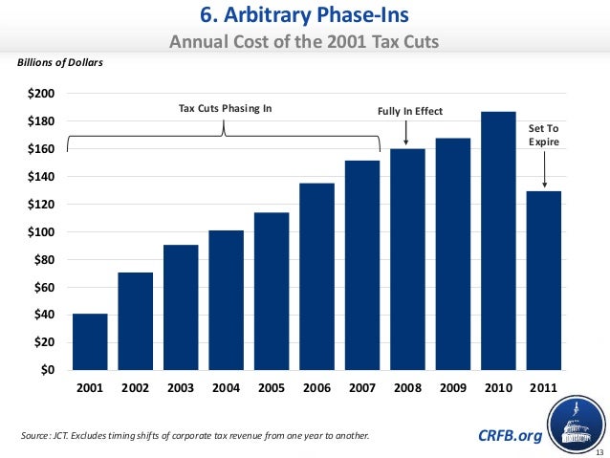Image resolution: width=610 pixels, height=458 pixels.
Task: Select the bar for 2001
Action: point(90,341)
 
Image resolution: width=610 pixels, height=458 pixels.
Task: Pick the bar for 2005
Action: point(272,291)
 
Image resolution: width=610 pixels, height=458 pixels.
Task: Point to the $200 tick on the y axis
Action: point(41,94)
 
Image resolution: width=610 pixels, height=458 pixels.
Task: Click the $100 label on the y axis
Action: point(41,232)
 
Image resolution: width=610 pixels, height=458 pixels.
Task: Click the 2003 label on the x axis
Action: point(181,389)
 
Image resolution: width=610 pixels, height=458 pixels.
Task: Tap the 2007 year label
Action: point(362,389)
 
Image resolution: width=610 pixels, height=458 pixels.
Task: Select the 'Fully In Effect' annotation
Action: point(411,111)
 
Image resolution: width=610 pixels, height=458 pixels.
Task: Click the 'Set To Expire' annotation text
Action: point(543,134)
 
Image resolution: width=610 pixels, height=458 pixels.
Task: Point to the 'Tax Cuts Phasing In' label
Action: point(226,108)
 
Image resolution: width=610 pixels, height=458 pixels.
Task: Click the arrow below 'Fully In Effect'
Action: point(407,133)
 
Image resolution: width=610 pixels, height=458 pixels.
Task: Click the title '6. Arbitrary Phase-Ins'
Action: point(304,16)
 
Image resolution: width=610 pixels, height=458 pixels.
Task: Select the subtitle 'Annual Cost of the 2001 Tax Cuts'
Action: point(304,42)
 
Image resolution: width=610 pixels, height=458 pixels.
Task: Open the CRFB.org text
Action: point(509,437)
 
